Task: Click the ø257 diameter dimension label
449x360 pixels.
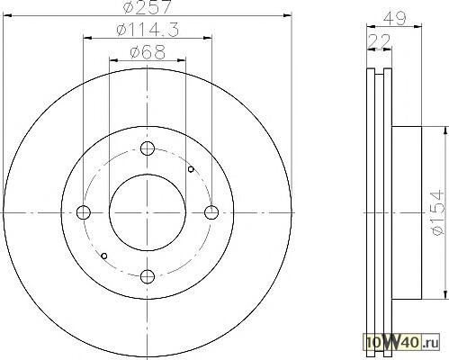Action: (x=148, y=6)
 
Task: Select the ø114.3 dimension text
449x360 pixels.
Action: (x=148, y=30)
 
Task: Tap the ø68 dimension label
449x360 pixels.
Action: (x=148, y=52)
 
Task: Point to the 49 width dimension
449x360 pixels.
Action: (x=395, y=18)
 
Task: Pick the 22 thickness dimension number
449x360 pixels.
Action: (x=380, y=40)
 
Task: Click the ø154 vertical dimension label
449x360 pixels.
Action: (x=436, y=212)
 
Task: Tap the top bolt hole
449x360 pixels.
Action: (x=148, y=148)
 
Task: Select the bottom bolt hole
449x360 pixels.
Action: (x=148, y=276)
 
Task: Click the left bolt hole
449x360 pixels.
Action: (x=84, y=212)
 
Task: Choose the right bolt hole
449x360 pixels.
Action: (x=211, y=212)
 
